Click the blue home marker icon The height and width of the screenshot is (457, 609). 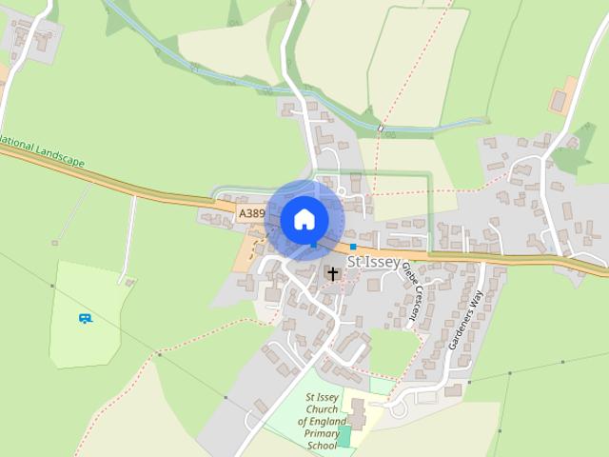coord(304,219)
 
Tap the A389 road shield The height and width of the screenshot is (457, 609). coord(251,213)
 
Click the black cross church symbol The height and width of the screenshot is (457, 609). coord(332,273)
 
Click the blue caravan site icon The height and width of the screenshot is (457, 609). coord(86,318)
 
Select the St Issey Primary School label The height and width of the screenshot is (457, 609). coord(322,421)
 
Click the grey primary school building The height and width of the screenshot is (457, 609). coord(358,412)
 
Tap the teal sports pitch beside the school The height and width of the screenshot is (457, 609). coord(344,436)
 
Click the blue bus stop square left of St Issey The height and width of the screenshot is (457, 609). coord(353,247)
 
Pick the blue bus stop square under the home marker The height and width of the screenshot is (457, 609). coord(313,246)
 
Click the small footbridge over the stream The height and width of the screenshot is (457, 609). coord(380,127)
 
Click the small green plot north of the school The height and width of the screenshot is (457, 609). coord(381,386)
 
